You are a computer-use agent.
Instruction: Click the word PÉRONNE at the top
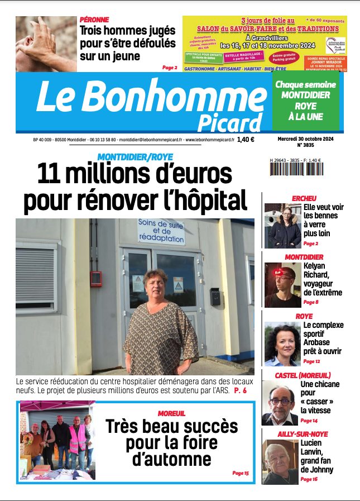point(94,20)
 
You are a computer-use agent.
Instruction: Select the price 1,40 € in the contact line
point(246,140)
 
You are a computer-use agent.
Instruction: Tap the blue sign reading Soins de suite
point(162,231)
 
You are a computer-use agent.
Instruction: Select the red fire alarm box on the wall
point(96,278)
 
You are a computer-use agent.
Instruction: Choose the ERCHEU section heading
point(304,198)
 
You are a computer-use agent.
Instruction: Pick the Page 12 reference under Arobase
point(311,361)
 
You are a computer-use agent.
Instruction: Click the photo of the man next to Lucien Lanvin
point(280,461)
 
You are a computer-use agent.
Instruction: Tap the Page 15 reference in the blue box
point(241,473)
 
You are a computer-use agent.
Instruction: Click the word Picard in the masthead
point(229,122)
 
